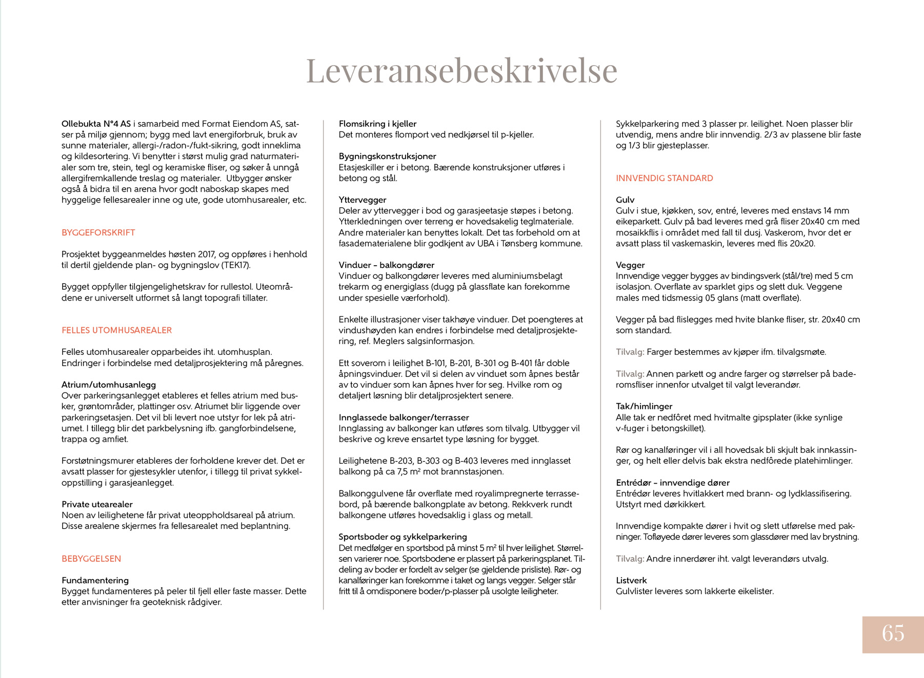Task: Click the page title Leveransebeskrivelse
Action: [461, 70]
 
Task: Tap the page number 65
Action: [893, 633]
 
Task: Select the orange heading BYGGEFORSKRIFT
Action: [98, 232]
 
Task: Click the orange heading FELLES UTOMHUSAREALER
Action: [117, 330]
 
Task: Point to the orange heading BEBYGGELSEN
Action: [91, 559]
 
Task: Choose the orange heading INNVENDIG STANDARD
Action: [664, 178]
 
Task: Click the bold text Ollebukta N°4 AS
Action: [96, 124]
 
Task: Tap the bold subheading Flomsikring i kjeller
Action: [377, 124]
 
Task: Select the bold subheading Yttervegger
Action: [363, 200]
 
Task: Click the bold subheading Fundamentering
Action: [95, 580]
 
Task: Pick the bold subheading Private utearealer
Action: [97, 504]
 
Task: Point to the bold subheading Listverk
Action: [631, 580]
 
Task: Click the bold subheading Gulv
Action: [625, 200]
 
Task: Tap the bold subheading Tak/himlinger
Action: [644, 406]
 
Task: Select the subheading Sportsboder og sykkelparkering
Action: [403, 536]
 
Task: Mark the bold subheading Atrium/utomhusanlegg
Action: [109, 385]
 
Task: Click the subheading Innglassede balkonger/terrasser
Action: [404, 417]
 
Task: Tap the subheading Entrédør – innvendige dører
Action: [672, 483]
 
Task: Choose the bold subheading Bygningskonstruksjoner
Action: [387, 156]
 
